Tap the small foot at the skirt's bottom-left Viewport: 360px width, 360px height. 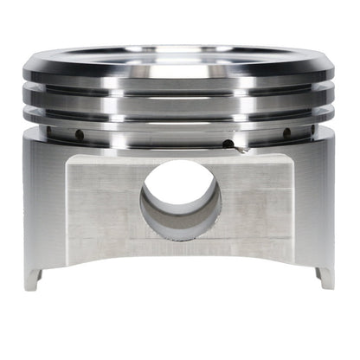coord(32,276)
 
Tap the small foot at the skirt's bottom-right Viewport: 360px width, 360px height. coord(325,276)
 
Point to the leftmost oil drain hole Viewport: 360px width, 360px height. coord(77,135)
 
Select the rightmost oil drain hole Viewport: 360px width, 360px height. coord(286,133)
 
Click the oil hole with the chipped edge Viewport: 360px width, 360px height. coord(228,145)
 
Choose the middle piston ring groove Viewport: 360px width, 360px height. coord(180,107)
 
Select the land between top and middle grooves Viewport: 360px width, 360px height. coord(180,96)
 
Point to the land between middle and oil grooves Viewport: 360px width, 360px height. coord(180,119)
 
